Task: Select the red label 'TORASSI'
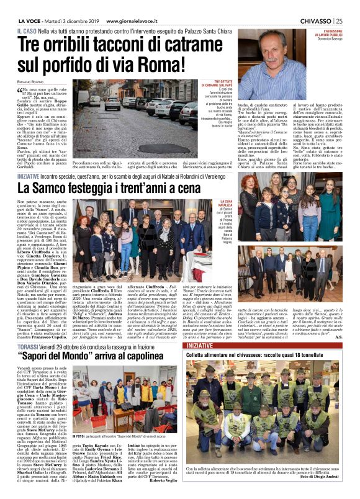click(x=29, y=329)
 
